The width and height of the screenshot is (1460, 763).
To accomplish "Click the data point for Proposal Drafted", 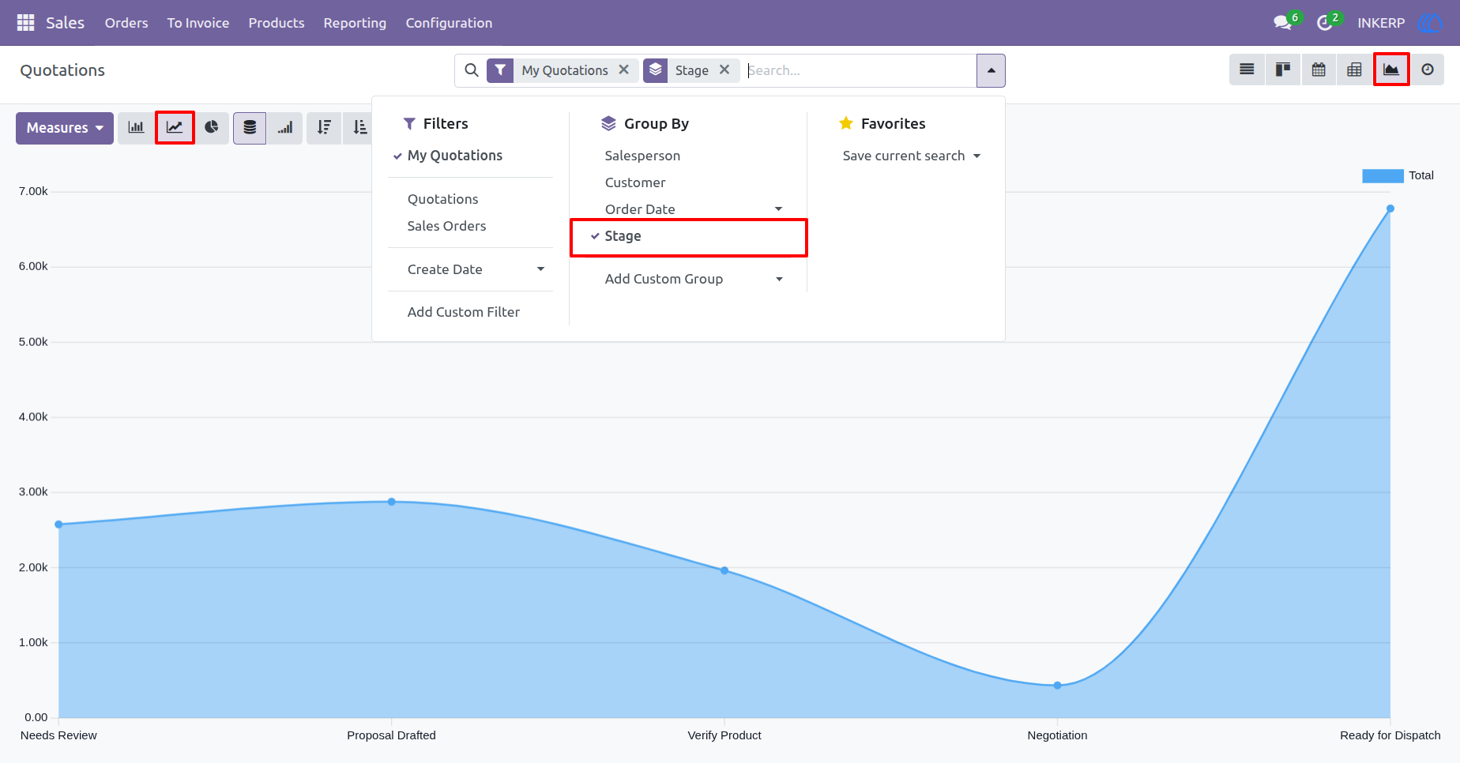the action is pyautogui.click(x=392, y=502).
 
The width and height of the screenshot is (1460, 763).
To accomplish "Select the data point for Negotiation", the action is pyautogui.click(x=1057, y=685).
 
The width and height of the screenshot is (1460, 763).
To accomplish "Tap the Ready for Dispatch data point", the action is pyautogui.click(x=1390, y=209).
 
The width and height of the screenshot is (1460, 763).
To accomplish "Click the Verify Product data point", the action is pyautogui.click(x=724, y=570).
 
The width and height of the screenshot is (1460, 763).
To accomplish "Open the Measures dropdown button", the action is pyautogui.click(x=65, y=128).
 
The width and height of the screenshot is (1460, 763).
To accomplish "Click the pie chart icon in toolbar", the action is pyautogui.click(x=212, y=128).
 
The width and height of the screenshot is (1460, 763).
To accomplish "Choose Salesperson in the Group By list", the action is pyautogui.click(x=642, y=156).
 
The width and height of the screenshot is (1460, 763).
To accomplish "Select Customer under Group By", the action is pyautogui.click(x=635, y=182).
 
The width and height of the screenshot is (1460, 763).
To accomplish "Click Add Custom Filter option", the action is pyautogui.click(x=464, y=312).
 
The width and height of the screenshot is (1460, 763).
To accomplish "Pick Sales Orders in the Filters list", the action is pyautogui.click(x=446, y=226).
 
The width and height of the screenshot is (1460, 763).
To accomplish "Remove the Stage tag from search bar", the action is pyautogui.click(x=724, y=70).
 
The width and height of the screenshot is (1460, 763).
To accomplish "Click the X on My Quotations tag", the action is pyautogui.click(x=624, y=70).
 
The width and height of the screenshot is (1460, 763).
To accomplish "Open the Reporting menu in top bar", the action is pyautogui.click(x=355, y=23).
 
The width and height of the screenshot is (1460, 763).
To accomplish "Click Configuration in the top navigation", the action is pyautogui.click(x=449, y=23).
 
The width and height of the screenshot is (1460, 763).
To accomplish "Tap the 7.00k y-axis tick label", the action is pyautogui.click(x=33, y=191).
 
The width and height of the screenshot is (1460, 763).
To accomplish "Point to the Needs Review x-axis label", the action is pyautogui.click(x=58, y=735).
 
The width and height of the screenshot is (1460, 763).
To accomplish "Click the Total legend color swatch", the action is pyautogui.click(x=1383, y=175).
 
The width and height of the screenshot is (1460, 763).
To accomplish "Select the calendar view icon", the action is pyautogui.click(x=1319, y=70).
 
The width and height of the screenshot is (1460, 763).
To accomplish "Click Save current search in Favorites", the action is pyautogui.click(x=904, y=156).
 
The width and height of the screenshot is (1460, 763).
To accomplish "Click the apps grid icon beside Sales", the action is pyautogui.click(x=25, y=23).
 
